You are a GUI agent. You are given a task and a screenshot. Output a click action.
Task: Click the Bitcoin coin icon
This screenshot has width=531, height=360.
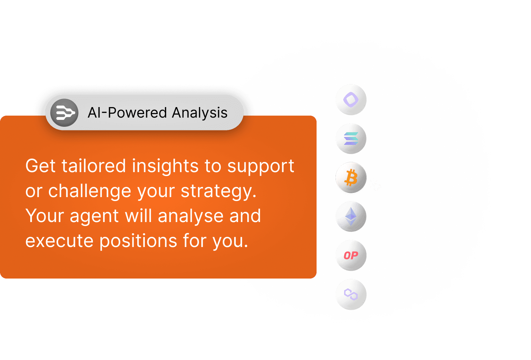point(351,177)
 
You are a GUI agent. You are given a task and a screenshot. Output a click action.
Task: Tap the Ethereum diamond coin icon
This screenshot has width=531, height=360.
point(351,216)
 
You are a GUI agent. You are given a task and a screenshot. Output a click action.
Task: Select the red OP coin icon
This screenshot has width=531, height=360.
point(351,256)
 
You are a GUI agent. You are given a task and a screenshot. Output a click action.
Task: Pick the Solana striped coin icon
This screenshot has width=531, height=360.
point(351,139)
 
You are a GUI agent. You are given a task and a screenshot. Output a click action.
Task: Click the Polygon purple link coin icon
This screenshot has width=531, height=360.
point(351,294)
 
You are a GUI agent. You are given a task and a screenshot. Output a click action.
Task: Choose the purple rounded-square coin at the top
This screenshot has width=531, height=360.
point(351,100)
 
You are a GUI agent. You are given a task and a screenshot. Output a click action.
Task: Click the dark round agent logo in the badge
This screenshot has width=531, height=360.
point(64,113)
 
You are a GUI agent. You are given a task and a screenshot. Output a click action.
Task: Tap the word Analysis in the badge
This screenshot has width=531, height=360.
point(200,113)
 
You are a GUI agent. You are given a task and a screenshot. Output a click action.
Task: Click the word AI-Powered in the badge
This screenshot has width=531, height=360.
point(127,112)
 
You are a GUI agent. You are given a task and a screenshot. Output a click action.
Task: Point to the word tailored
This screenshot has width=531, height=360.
point(94,166)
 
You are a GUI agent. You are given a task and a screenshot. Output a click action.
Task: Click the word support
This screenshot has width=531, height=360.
point(261,167)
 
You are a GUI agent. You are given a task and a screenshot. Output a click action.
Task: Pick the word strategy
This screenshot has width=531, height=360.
point(219,192)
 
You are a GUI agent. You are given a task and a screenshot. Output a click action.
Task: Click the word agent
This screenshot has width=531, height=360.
point(94,217)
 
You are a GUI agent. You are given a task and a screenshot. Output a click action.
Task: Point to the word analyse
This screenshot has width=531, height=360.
point(190,216)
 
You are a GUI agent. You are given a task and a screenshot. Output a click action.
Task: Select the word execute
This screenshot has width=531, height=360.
point(59,241)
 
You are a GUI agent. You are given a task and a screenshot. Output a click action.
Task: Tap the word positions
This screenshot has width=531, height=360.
point(138,241)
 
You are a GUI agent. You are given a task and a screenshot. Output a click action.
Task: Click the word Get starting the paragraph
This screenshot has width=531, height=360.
point(40,166)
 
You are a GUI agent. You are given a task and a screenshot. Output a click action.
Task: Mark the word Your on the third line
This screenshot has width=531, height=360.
point(45,216)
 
